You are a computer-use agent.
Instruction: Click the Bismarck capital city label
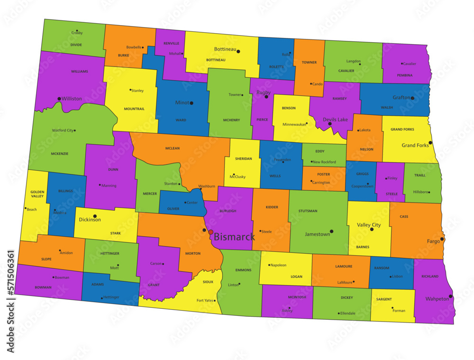click(x=234, y=237)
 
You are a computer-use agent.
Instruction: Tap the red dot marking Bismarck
click(x=210, y=232)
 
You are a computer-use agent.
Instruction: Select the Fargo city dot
click(x=442, y=239)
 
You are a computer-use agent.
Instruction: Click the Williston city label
click(x=72, y=99)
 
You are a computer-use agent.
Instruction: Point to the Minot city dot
click(x=191, y=103)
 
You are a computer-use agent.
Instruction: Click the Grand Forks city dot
click(x=430, y=142)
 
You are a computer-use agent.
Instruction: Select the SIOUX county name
click(x=208, y=282)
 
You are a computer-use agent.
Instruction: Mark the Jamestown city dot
click(x=331, y=231)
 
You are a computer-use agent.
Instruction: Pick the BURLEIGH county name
click(x=228, y=211)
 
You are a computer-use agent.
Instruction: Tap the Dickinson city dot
click(x=95, y=216)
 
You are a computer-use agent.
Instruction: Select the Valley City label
click(x=369, y=225)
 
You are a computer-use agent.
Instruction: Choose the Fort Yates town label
click(x=205, y=300)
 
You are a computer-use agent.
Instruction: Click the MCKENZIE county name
click(x=60, y=154)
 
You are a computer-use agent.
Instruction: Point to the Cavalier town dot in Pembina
click(x=402, y=64)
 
